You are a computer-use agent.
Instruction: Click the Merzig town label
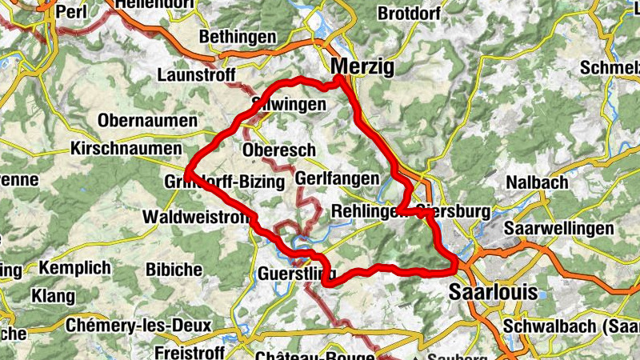pyautogui.click(x=362, y=67)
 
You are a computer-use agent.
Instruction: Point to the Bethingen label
pyautogui.click(x=238, y=37)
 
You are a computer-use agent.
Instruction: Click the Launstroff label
pyautogui.click(x=197, y=75)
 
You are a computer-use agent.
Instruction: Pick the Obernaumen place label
pyautogui.click(x=147, y=121)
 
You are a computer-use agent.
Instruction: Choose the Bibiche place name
pyautogui.click(x=174, y=269)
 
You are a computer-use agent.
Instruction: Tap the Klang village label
pyautogui.click(x=53, y=296)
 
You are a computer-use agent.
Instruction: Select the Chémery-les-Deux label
pyautogui.click(x=138, y=326)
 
